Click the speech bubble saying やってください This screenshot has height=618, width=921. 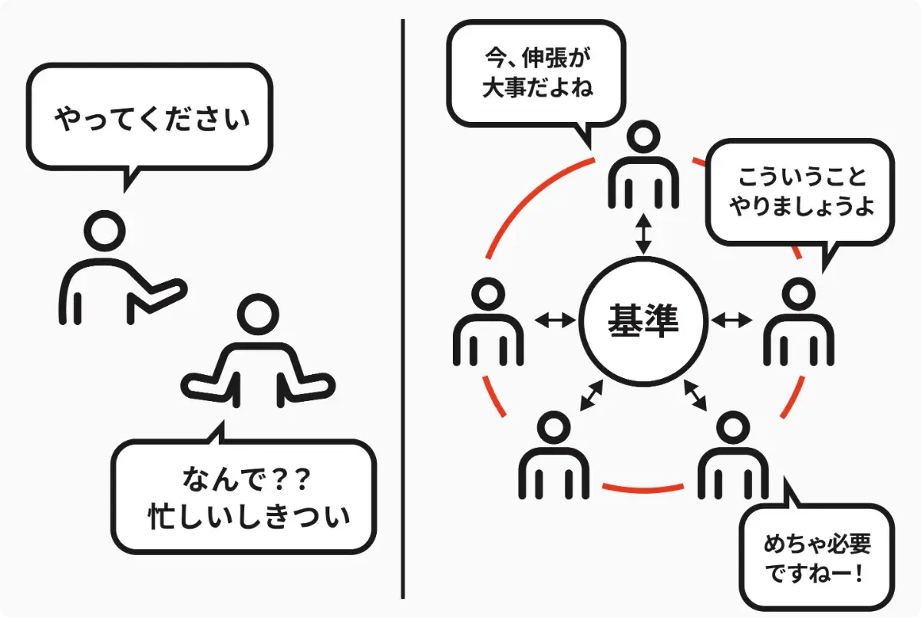(x=149, y=117)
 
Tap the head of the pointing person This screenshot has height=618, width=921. (x=104, y=231)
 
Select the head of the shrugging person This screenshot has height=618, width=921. (x=258, y=314)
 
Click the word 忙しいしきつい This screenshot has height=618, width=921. (x=249, y=516)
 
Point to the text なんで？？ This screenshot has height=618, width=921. (x=246, y=479)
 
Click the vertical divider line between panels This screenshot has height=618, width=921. (x=403, y=309)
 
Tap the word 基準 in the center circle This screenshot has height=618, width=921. (x=643, y=321)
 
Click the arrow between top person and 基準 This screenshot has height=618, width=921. (x=643, y=234)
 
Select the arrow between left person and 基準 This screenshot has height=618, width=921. (x=555, y=320)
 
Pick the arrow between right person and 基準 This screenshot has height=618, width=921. (x=731, y=320)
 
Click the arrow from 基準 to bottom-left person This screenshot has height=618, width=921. (x=591, y=396)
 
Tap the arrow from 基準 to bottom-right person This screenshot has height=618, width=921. (x=695, y=396)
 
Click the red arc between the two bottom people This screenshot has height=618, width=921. (x=643, y=488)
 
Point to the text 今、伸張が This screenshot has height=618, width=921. (x=538, y=58)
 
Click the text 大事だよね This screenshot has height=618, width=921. (x=538, y=87)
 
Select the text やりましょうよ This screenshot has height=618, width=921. (x=803, y=205)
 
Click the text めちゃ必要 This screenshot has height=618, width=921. (x=817, y=544)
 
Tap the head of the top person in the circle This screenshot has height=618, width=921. (x=643, y=137)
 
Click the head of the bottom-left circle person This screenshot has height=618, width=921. (x=554, y=428)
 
